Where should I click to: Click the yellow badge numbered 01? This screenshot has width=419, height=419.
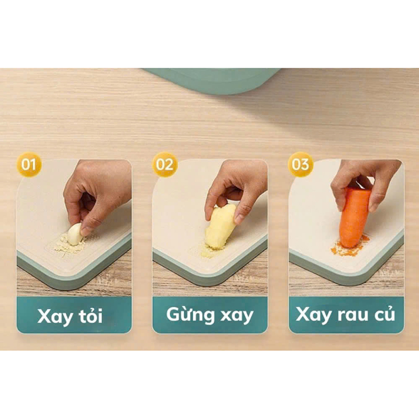(x=29, y=164)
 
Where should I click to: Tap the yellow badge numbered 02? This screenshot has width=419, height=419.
(x=165, y=164)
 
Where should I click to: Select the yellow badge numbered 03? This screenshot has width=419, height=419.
(x=300, y=164)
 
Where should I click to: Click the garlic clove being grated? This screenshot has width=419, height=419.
(x=74, y=234)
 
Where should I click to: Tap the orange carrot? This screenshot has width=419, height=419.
(x=355, y=217)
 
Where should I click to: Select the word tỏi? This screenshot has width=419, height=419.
(x=91, y=315)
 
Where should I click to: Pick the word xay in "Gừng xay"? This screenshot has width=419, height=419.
(x=237, y=316)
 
